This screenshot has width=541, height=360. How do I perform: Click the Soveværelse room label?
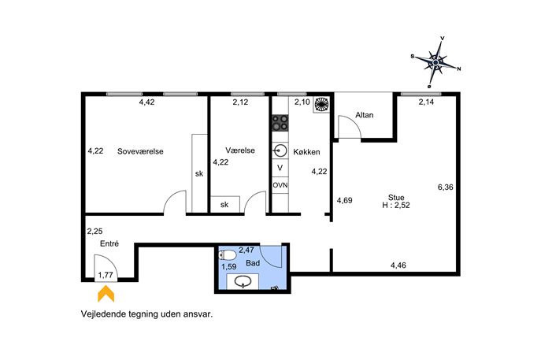pos(140,151)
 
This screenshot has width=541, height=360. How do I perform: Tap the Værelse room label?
pos(240,150)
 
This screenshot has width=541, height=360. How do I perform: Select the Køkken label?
pos(306,152)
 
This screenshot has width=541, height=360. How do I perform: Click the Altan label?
pos(365,115)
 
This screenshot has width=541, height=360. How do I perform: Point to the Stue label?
pos(396,198)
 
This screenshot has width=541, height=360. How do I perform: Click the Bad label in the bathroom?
pos(253,263)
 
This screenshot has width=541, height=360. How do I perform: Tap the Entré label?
pos(109,243)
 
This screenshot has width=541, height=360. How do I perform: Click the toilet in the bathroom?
pos(228,255)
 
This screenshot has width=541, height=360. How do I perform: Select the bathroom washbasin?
pos(243,282)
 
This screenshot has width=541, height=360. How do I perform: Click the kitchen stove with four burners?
pos(280,123)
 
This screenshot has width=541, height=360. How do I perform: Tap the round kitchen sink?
pos(280,150)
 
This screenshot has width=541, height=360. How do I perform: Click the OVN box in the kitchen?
pos(280,185)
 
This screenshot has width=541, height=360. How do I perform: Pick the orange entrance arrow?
pos(106,293)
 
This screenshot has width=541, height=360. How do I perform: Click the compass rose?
pos(435,62)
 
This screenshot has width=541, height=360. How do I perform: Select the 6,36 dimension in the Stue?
pos(446,187)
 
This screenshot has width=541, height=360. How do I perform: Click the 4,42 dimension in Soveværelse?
pos(146,102)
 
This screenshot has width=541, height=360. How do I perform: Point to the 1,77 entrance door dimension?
pos(106,275)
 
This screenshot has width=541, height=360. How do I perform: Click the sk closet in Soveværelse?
pos(199,173)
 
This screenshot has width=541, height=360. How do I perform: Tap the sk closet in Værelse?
pos(225,204)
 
